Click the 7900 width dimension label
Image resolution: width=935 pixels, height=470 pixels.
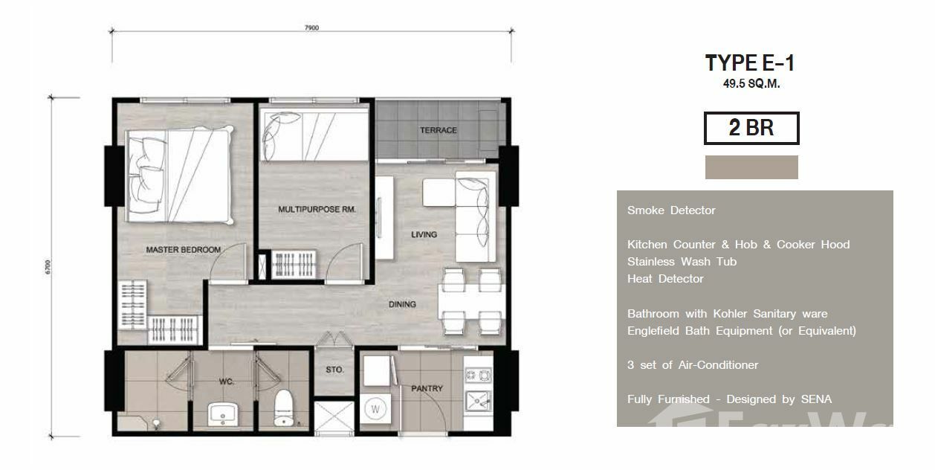click(x=311, y=28)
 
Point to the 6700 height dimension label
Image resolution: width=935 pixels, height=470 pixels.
click(x=48, y=267)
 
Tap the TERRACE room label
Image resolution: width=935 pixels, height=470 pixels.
click(x=439, y=130)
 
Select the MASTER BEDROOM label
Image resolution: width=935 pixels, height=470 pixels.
click(x=184, y=250)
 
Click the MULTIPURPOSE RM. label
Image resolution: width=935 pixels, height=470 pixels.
click(x=317, y=209)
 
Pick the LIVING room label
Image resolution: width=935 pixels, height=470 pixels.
click(x=424, y=235)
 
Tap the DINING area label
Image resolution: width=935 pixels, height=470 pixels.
click(x=402, y=304)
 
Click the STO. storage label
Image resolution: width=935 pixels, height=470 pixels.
click(x=334, y=370)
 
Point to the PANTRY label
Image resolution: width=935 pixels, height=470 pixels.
click(x=427, y=388)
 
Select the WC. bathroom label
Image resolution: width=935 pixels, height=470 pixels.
click(x=227, y=382)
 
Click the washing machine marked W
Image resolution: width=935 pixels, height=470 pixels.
click(x=375, y=409)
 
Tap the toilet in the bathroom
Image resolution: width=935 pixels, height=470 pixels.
click(x=285, y=408)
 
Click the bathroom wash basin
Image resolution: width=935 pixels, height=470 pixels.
click(x=222, y=414)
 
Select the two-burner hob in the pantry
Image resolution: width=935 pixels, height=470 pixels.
click(x=479, y=376)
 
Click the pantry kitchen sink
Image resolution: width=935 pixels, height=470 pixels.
click(x=479, y=401)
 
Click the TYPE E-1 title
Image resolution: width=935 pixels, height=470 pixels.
click(x=750, y=63)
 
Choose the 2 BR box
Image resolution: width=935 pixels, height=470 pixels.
click(x=751, y=128)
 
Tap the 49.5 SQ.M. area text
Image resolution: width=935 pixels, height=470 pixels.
click(x=751, y=84)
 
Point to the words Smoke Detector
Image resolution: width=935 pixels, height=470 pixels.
click(x=671, y=210)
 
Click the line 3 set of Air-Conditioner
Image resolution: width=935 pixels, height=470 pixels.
click(x=693, y=365)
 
